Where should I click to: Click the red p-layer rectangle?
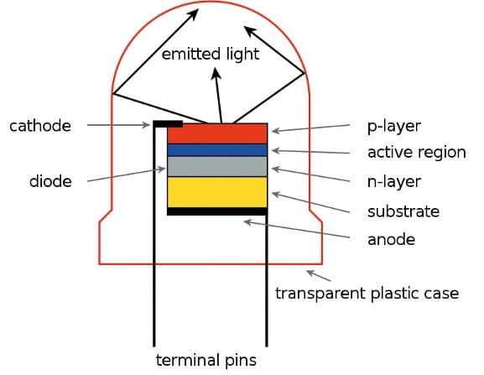coord(217,133)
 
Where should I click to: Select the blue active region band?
coord(217,150)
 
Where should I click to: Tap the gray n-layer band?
coord(217,167)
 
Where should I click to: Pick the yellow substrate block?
coord(217,192)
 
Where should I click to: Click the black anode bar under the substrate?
coord(217,211)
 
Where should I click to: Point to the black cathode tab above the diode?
coord(169,124)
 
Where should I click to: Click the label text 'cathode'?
coord(40,126)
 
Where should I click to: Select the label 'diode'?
coord(50,181)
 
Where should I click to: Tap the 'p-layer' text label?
coord(394,127)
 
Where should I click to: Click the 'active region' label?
coord(417,153)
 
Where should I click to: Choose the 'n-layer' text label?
coord(394,182)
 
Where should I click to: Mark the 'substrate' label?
coord(403,211)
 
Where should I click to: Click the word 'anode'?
coord(392,240)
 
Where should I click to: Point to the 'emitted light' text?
coord(211,55)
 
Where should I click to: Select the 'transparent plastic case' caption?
coord(367,294)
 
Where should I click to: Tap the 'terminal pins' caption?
coord(206,361)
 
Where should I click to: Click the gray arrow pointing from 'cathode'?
coord(118,125)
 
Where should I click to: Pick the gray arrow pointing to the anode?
coord(297,229)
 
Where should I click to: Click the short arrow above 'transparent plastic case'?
coord(319,276)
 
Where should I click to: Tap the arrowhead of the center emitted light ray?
coord(216,74)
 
